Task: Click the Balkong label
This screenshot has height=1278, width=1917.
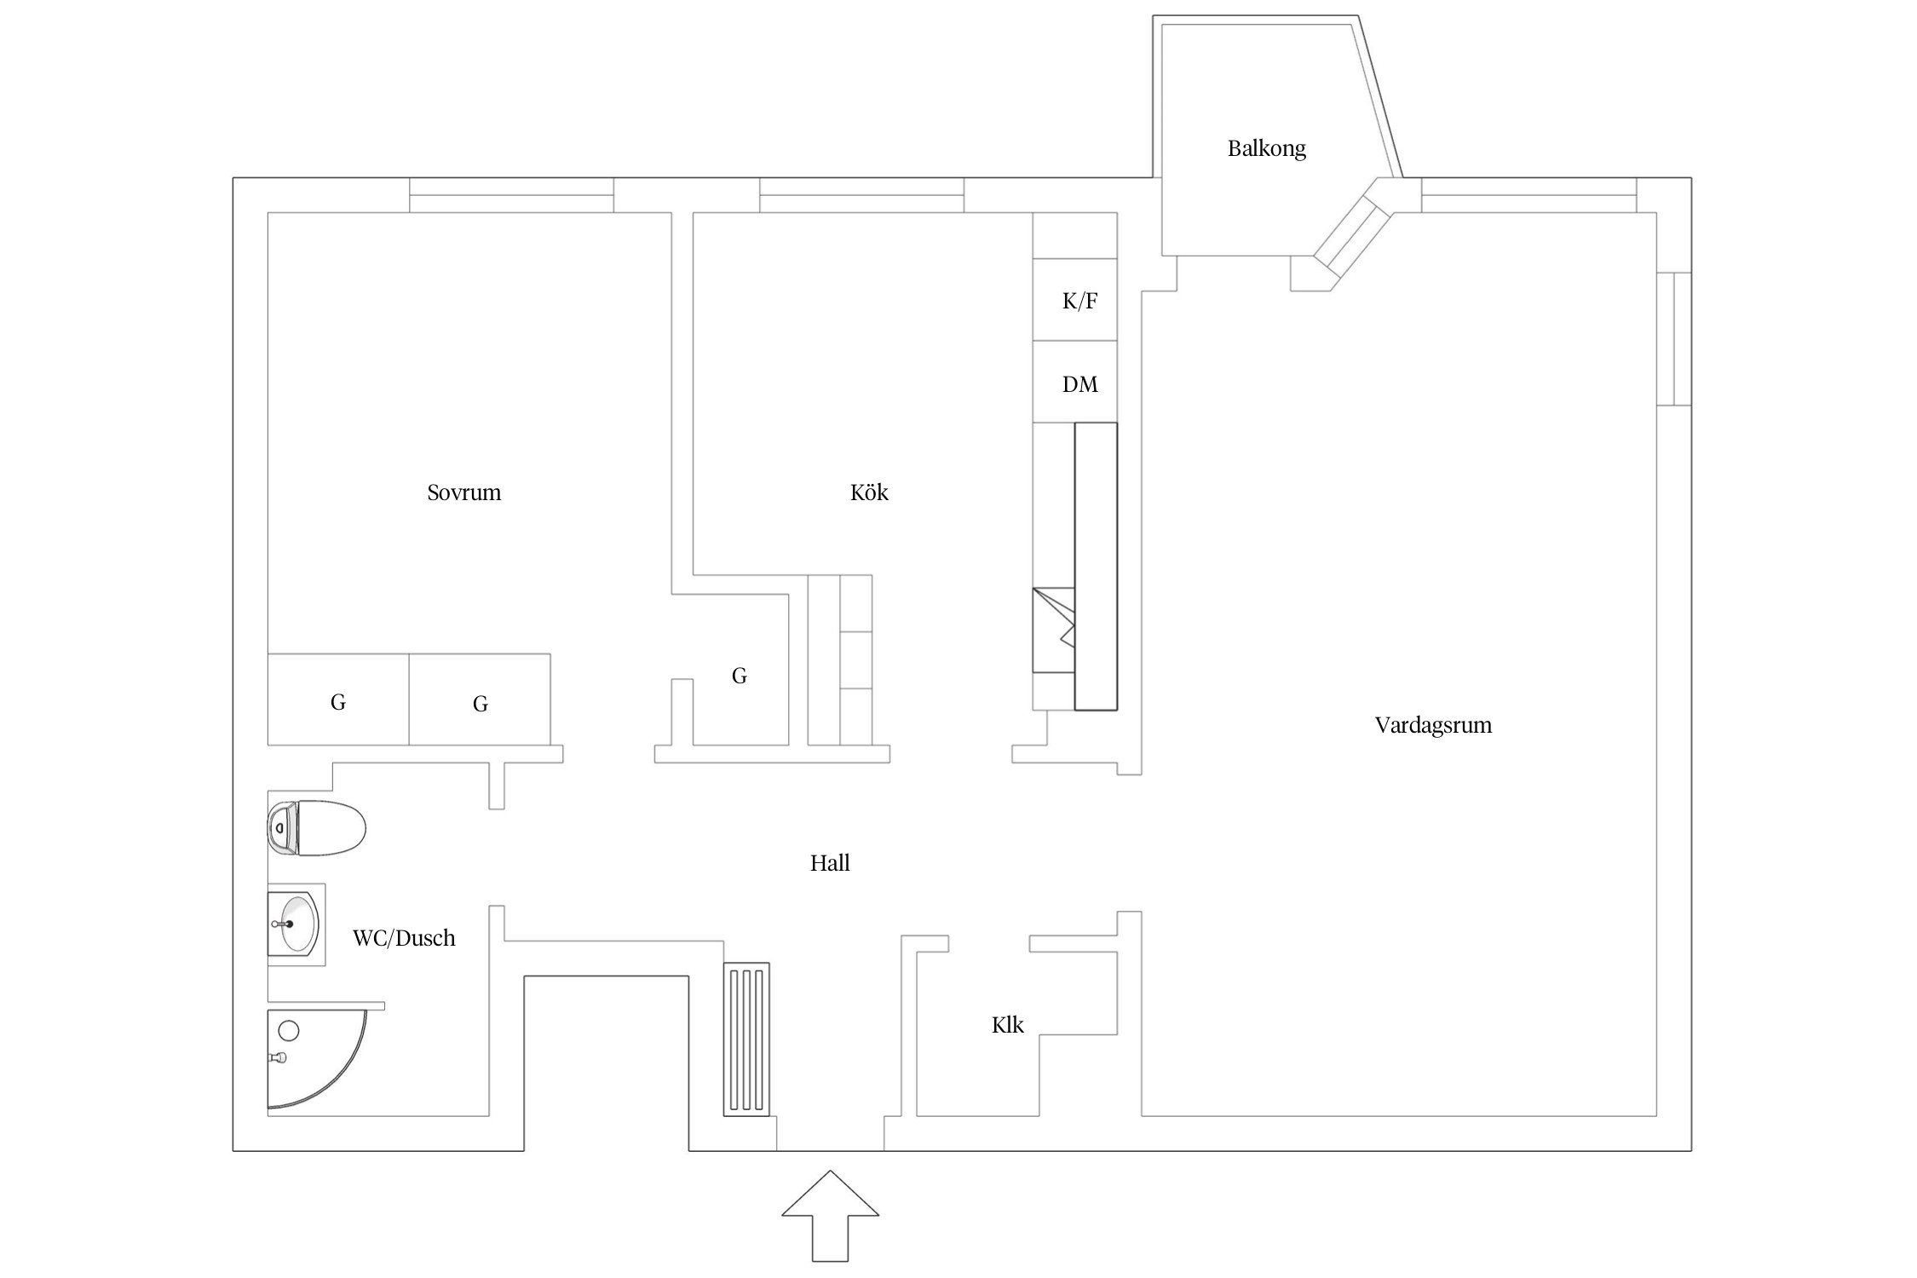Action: [1266, 148]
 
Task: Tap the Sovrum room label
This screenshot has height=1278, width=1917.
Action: [463, 492]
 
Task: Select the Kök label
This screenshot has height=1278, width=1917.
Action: [869, 492]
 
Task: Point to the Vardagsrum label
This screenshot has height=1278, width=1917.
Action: [1433, 725]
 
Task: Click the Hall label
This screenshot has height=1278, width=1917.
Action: [830, 863]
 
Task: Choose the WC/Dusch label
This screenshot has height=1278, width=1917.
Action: [404, 938]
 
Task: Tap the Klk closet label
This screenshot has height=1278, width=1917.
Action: [1008, 1025]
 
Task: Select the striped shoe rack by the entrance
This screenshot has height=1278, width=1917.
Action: [746, 1039]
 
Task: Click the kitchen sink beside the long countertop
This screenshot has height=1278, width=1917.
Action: [1054, 630]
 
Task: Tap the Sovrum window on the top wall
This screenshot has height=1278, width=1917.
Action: [511, 195]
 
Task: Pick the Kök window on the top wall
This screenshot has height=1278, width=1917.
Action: [861, 195]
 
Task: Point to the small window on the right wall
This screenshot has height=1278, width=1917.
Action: [1674, 339]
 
